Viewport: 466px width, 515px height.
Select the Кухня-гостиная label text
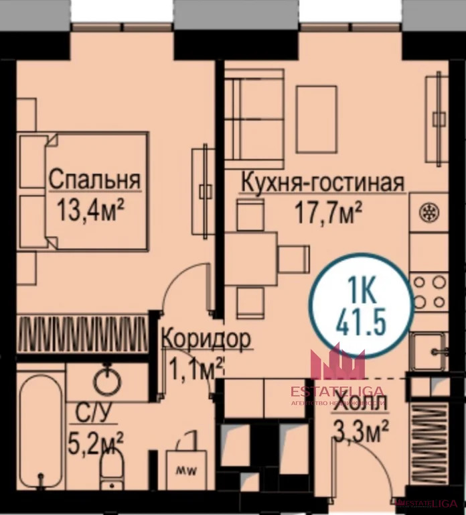[x=322, y=182]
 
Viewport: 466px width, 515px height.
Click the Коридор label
[x=206, y=339]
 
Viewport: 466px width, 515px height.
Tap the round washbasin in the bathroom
[x=107, y=381]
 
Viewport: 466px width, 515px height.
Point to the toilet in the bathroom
[x=111, y=466]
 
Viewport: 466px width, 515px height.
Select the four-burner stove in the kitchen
[x=429, y=290]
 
